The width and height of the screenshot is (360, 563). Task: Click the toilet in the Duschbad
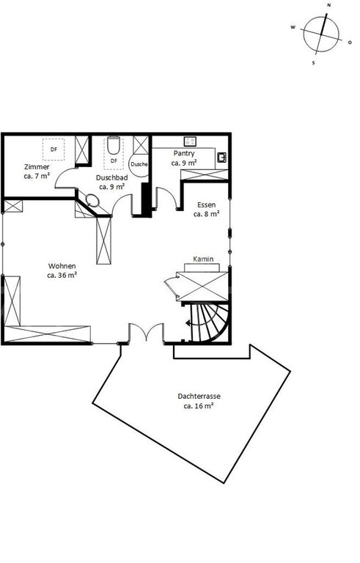tap(113, 144)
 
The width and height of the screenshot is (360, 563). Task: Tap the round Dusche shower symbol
tap(139, 164)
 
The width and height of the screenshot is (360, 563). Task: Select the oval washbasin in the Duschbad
tap(92, 200)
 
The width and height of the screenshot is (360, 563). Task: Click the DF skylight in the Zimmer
tap(54, 150)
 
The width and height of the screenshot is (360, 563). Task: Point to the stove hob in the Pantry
tap(190, 141)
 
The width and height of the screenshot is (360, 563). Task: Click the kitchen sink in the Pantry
tap(221, 157)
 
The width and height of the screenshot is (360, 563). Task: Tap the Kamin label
tap(203, 259)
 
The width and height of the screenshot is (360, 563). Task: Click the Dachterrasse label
tap(199, 397)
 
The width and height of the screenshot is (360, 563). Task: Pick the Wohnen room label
tap(62, 266)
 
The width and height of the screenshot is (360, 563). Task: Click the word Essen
tap(207, 205)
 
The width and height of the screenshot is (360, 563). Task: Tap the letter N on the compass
tap(328, 5)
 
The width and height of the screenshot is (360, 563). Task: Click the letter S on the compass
tap(313, 63)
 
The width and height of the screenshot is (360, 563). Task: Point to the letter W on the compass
tap(293, 27)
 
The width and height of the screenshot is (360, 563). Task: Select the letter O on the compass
tap(350, 43)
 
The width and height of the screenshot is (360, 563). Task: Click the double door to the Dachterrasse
tap(146, 332)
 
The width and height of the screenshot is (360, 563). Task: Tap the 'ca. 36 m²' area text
tap(62, 276)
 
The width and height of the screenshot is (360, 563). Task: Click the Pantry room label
tap(184, 153)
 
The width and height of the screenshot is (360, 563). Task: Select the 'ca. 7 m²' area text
tap(37, 176)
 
